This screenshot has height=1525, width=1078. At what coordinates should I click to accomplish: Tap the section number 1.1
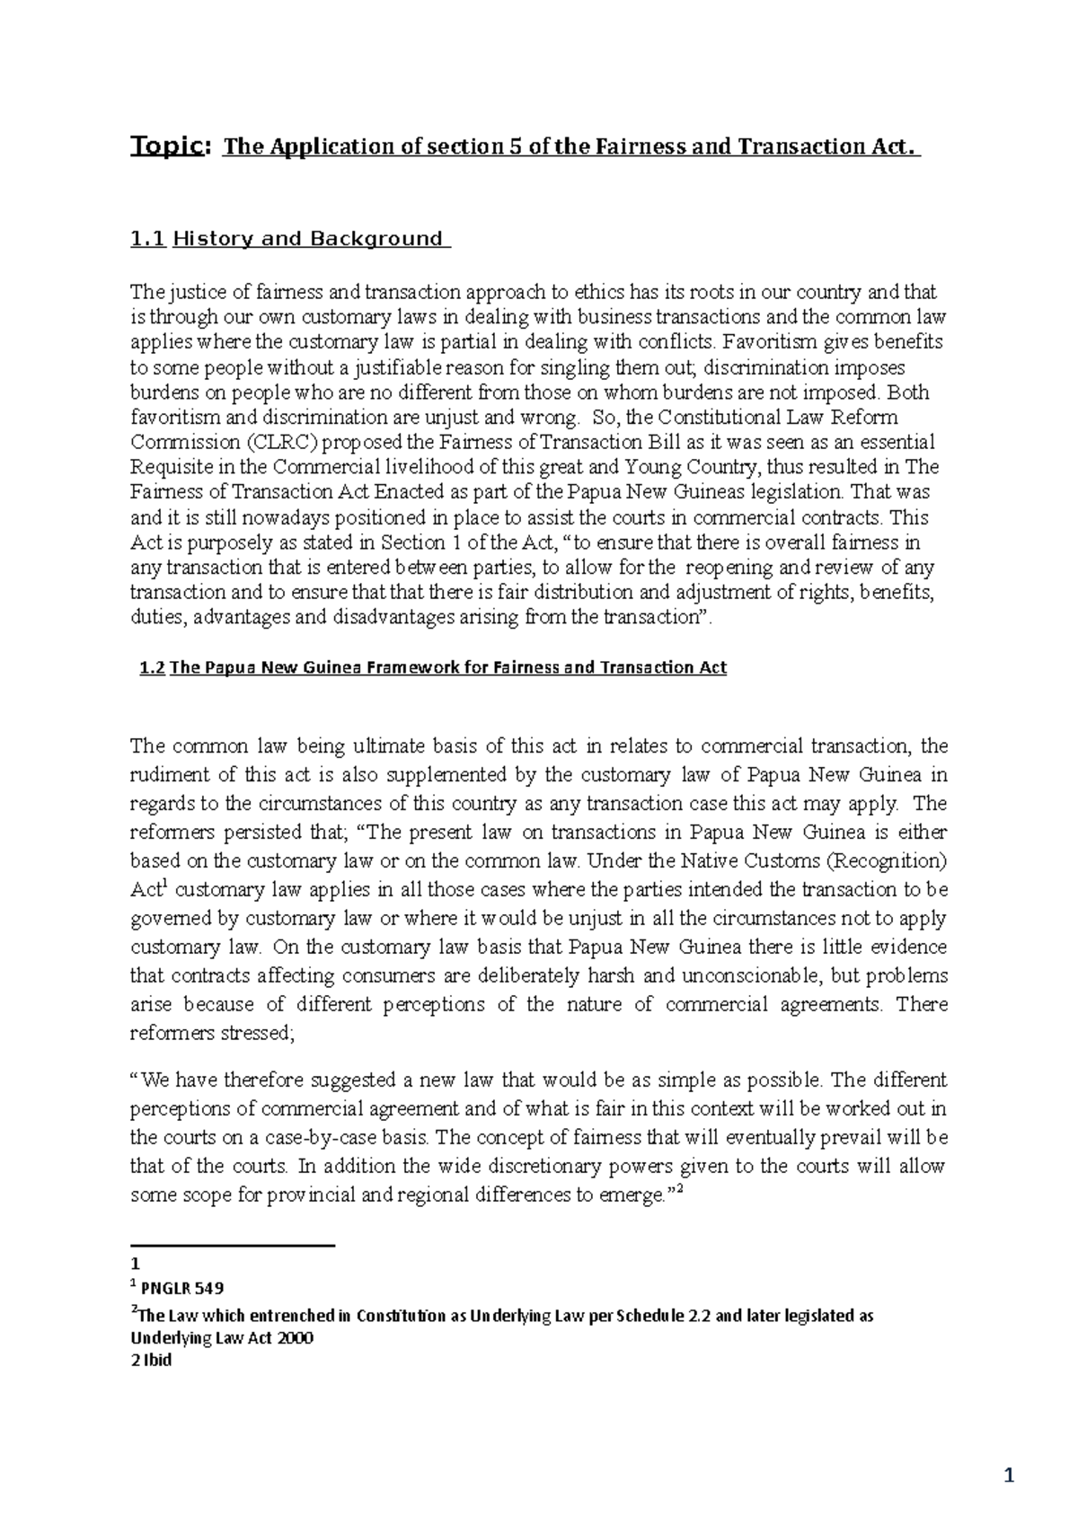(148, 239)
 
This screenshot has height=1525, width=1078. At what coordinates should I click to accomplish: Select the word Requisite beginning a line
(168, 467)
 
